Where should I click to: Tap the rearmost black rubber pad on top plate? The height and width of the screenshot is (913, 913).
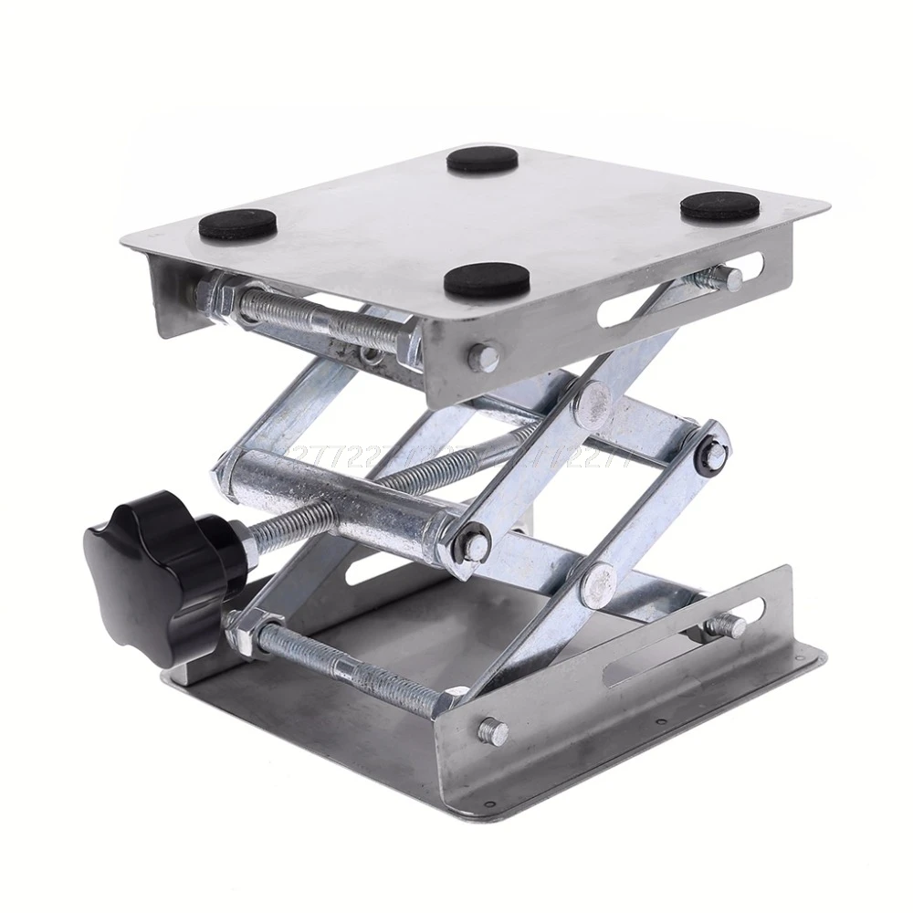click(482, 161)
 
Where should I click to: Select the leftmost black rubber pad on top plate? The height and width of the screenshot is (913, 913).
click(239, 223)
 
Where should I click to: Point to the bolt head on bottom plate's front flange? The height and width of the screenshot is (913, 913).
click(493, 729)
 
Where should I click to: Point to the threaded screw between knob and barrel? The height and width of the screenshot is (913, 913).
click(283, 529)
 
